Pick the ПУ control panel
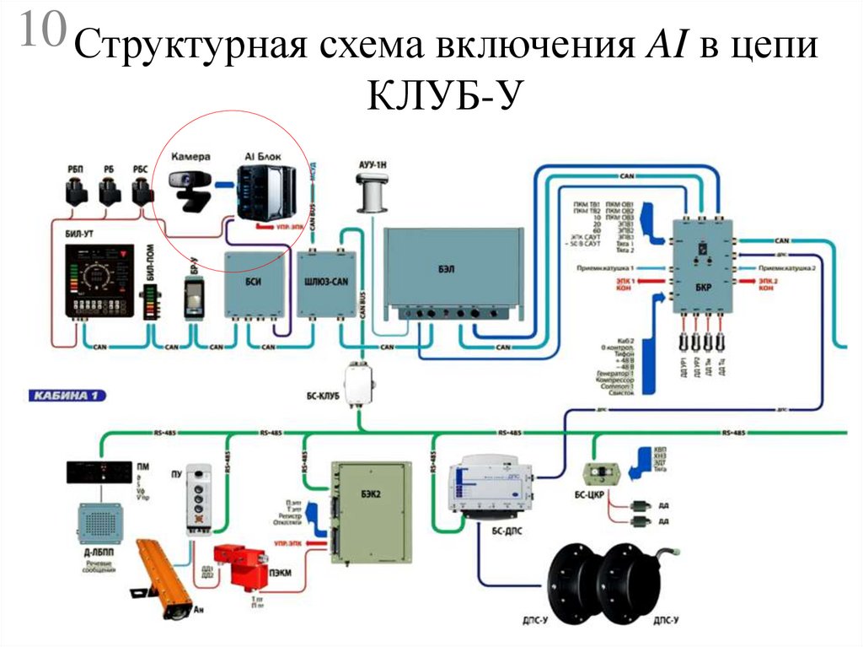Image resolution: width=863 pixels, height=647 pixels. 200,498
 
